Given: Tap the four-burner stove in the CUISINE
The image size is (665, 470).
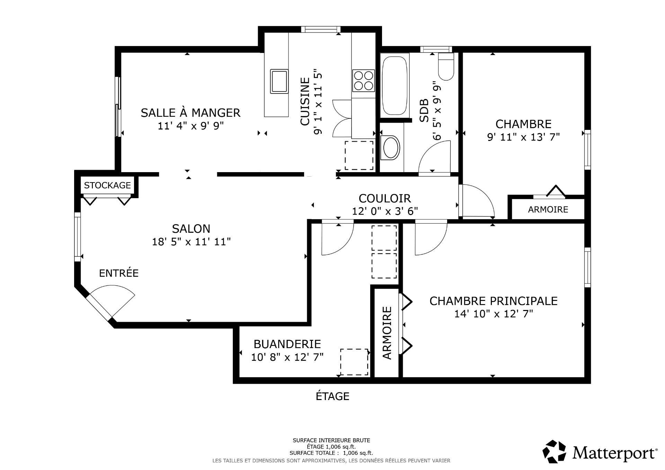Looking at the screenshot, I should (363, 80).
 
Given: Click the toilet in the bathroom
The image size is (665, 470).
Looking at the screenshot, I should (446, 67).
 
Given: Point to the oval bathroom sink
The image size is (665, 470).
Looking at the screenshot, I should (390, 148).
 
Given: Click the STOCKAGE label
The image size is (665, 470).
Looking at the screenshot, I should (107, 185).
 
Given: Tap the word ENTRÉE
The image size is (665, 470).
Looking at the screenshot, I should (119, 273).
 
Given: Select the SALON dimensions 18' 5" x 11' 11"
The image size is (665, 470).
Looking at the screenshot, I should (191, 242).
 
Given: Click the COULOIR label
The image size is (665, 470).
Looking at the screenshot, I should (384, 198).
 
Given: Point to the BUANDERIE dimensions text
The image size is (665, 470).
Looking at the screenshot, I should (287, 357).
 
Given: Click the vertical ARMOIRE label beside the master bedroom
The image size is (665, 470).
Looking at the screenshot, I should (387, 333).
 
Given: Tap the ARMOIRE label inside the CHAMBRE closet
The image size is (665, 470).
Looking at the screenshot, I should (548, 209).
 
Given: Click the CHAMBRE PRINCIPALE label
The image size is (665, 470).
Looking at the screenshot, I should (494, 301).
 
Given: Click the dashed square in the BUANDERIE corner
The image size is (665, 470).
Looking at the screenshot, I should (354, 362).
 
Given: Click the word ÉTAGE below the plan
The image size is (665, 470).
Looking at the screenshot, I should (332, 396).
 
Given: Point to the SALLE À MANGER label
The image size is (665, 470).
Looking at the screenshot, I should (190, 113).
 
